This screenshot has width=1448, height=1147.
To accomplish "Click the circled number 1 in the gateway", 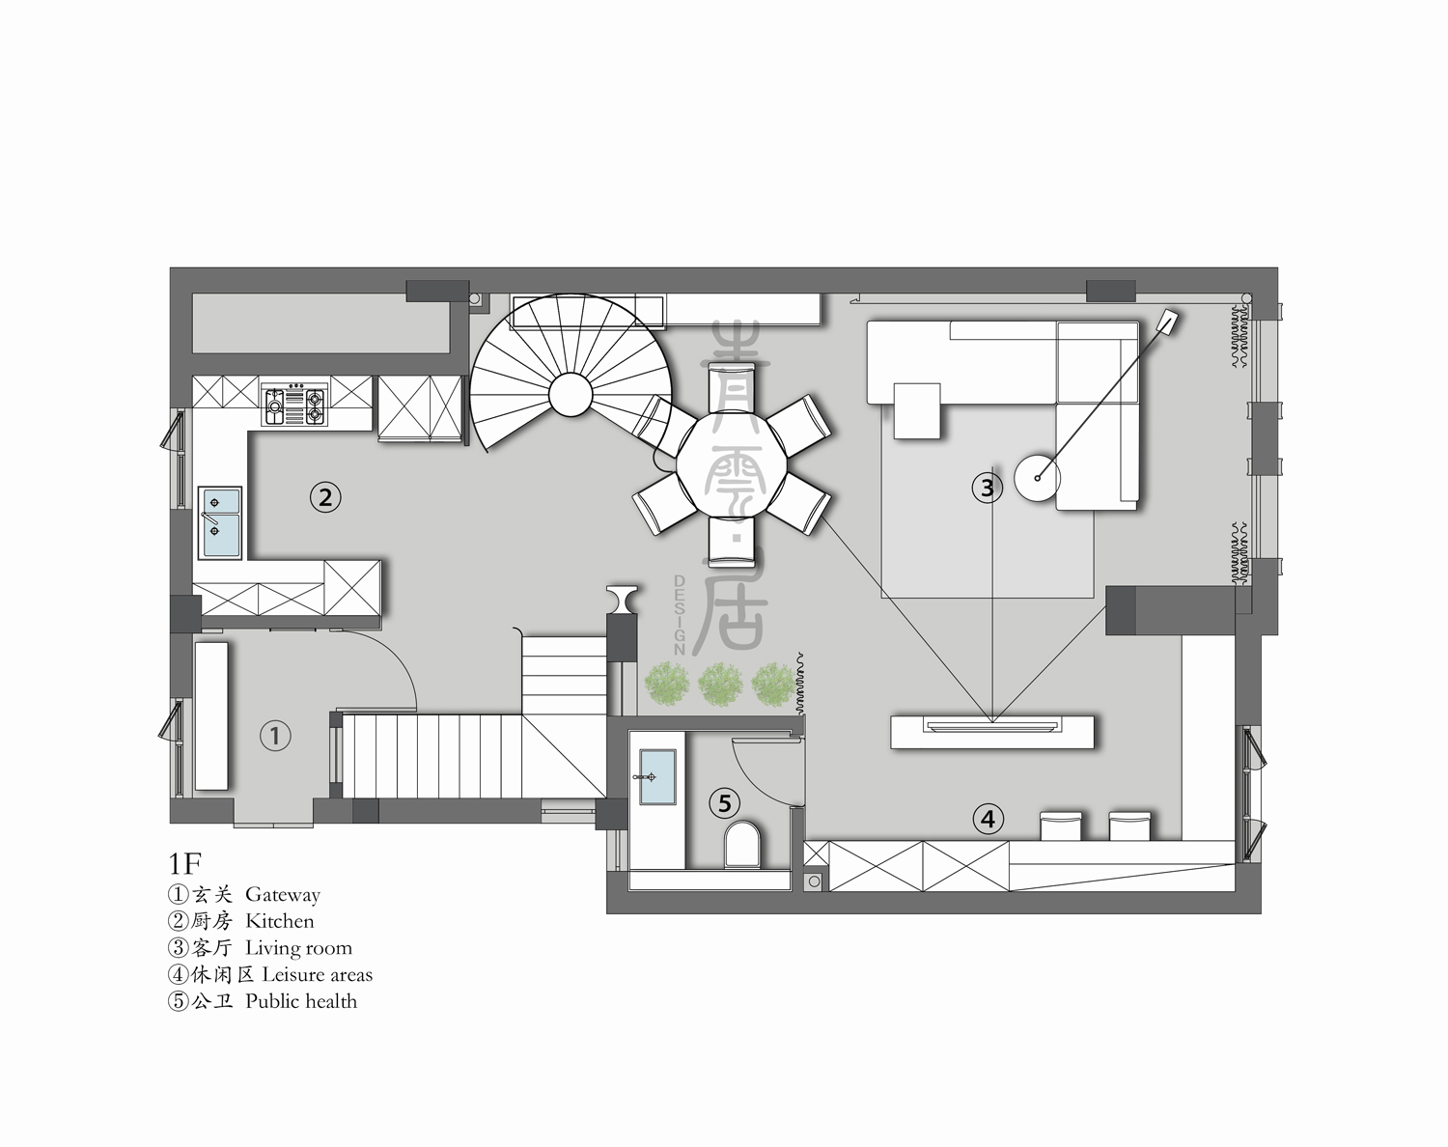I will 275,736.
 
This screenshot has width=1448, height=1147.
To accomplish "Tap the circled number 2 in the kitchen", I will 325,497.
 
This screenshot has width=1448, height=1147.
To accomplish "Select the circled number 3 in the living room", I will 987,488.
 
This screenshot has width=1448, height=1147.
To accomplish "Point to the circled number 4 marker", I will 988,820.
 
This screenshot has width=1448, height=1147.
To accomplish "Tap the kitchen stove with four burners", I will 295,404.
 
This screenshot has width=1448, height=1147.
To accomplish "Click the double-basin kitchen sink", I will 220,522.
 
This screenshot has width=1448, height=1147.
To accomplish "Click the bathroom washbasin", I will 657,776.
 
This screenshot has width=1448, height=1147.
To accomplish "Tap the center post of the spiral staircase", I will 570,394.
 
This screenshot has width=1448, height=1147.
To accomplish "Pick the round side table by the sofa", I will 1037,478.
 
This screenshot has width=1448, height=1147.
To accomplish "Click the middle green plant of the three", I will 719,684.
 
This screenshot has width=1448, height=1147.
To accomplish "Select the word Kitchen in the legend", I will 279,921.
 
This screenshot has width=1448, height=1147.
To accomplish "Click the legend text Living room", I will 298,948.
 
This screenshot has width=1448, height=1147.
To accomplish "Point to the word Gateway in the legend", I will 282,895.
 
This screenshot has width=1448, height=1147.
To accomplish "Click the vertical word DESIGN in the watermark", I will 680,615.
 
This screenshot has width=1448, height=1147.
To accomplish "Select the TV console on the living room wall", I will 992,731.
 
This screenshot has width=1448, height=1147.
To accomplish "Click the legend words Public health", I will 301,1001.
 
